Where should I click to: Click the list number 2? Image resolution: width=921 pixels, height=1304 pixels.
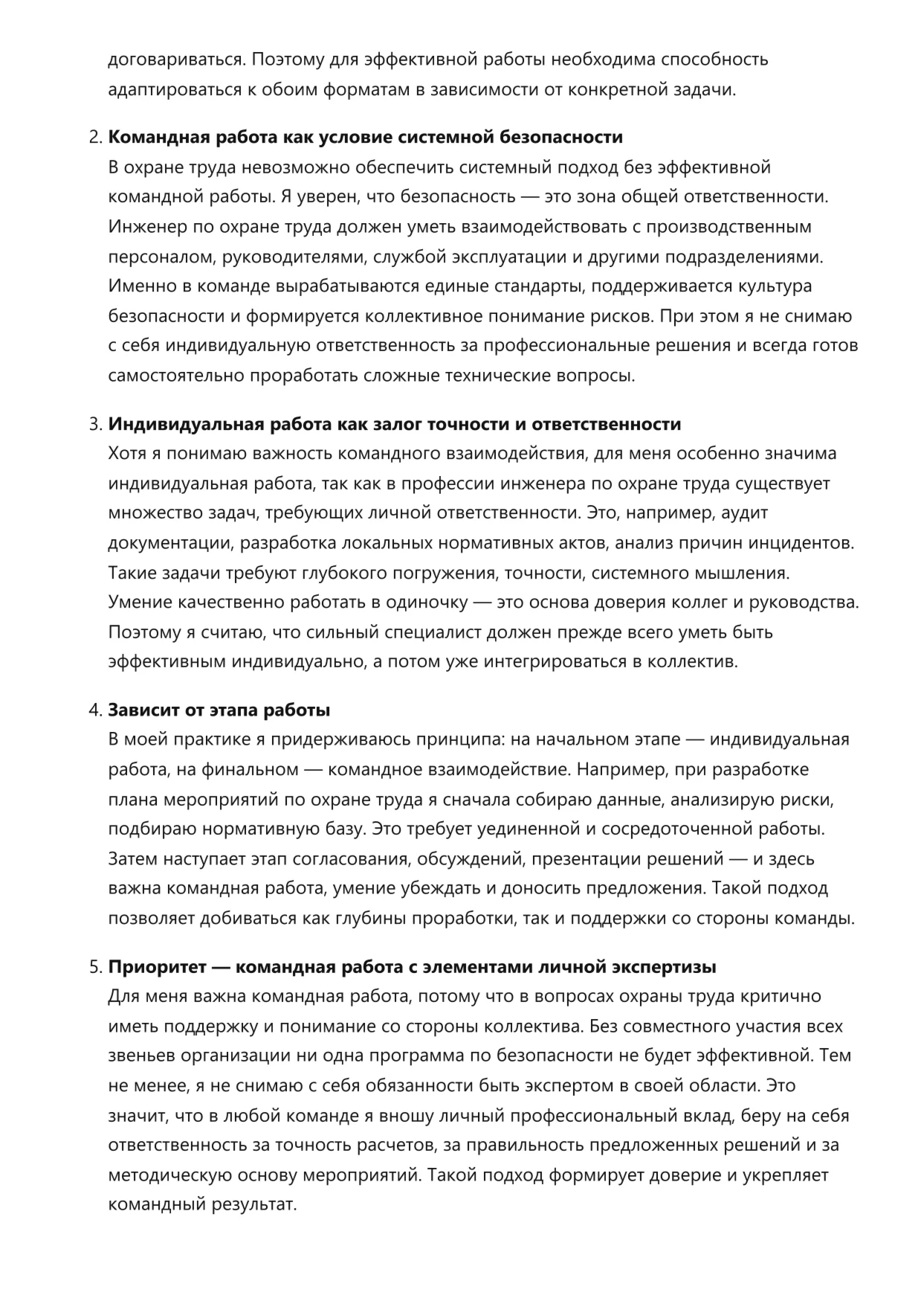click(94, 138)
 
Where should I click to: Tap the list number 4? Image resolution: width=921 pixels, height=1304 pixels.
click(94, 710)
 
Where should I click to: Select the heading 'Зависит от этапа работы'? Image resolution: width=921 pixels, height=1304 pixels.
click(219, 710)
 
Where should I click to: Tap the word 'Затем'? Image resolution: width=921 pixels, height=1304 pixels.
click(133, 859)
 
